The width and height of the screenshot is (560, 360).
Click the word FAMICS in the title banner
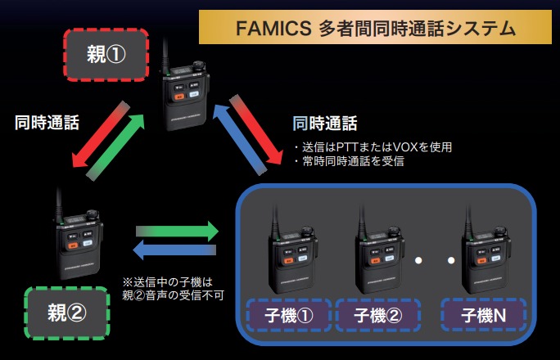coord(269,29)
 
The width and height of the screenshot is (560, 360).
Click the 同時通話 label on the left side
coord(47,124)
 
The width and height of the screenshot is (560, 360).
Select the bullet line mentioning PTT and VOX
coord(373,147)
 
